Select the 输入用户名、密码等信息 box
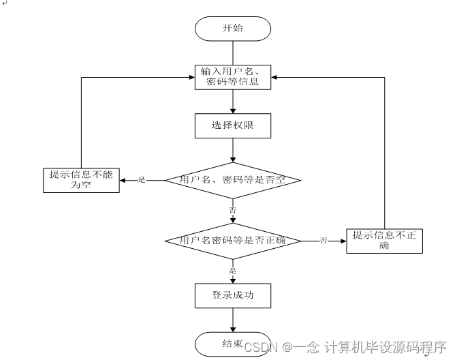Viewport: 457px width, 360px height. click(233, 76)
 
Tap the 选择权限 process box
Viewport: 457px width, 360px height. click(233, 125)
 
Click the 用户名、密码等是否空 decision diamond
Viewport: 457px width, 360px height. click(233, 180)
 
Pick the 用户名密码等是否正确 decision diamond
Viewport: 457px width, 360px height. click(233, 241)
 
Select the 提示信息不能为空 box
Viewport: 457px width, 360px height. click(81, 180)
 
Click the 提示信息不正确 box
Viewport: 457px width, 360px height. click(385, 241)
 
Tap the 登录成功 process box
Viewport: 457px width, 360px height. click(233, 295)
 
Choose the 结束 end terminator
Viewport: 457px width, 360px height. click(233, 343)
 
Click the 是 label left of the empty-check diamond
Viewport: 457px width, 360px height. click(142, 180)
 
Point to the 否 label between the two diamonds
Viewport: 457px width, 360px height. click(233, 210)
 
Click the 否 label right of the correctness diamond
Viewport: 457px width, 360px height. click(324, 241)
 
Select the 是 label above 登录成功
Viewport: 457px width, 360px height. click(233, 270)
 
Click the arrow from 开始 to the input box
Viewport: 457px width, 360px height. click(233, 52)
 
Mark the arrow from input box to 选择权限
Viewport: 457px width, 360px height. click(233, 101)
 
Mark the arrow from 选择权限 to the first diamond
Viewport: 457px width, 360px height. click(233, 149)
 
